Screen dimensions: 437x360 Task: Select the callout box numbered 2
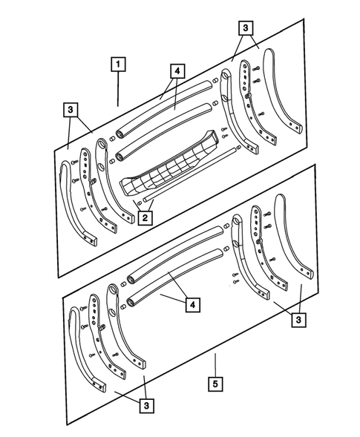[x=144, y=217]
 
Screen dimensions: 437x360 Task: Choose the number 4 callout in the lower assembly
[x=192, y=303]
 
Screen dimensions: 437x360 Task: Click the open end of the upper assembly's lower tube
[x=120, y=157]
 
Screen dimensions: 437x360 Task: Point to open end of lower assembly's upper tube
[x=131, y=281]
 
